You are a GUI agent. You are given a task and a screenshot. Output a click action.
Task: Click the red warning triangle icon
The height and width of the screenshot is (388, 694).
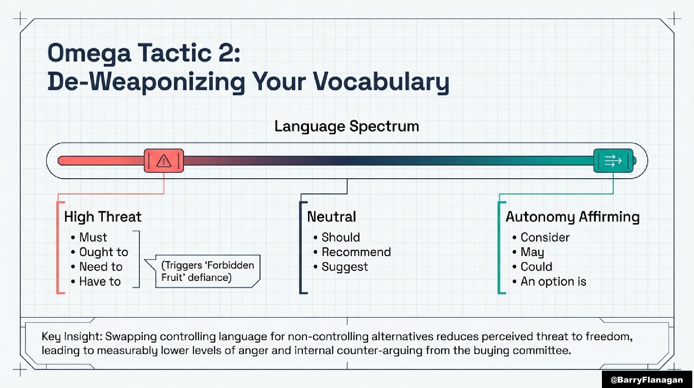[164, 161]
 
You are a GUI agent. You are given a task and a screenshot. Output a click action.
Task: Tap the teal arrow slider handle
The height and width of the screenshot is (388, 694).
[613, 160]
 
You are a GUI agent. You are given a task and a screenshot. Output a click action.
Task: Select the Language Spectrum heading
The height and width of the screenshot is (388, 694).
[347, 126]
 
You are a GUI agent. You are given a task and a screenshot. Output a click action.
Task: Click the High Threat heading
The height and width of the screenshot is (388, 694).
[103, 217]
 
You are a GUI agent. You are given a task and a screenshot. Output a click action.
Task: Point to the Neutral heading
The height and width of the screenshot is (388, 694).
[332, 217]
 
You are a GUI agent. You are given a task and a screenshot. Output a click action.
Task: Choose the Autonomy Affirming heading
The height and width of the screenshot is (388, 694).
[572, 217]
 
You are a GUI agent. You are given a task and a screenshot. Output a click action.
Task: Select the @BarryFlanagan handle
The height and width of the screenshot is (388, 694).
[647, 380]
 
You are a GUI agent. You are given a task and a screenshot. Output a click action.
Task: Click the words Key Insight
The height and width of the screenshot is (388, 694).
[72, 336]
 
